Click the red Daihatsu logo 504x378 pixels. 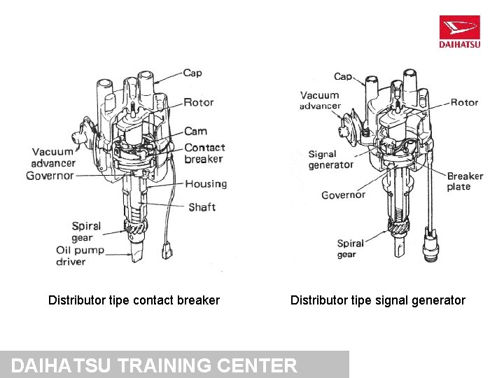click(x=459, y=32)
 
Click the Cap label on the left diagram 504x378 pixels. click(x=192, y=73)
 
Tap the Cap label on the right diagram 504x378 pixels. click(x=343, y=76)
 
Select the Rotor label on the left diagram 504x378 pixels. click(x=198, y=102)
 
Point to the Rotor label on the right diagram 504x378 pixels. click(x=464, y=102)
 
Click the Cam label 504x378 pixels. click(x=195, y=132)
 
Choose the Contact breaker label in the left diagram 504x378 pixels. click(x=204, y=153)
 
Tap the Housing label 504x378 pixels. click(x=206, y=184)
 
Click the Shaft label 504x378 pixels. click(x=202, y=207)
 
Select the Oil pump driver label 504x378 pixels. click(x=80, y=255)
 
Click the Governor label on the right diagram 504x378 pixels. click(x=343, y=195)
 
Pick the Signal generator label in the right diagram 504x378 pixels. click(x=330, y=160)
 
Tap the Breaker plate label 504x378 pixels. click(x=465, y=181)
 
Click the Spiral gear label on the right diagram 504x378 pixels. click(x=350, y=248)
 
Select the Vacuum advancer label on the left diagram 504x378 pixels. click(x=53, y=157)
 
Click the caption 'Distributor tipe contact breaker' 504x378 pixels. click(x=134, y=300)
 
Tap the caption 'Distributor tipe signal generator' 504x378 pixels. click(x=377, y=300)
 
